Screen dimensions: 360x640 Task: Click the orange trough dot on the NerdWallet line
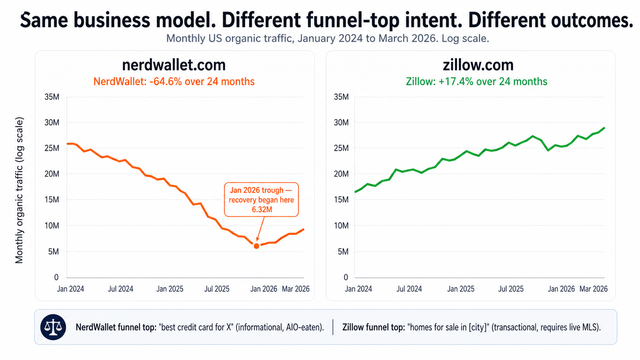click(x=256, y=246)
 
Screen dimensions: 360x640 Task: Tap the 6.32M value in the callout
click(x=262, y=209)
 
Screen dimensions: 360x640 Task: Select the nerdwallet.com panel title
click(x=174, y=65)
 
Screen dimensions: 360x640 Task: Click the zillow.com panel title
click(x=478, y=65)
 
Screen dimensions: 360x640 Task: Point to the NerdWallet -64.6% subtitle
click(x=174, y=81)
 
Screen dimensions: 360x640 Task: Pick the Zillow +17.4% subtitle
click(x=477, y=81)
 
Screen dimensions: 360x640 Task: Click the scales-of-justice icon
click(x=53, y=327)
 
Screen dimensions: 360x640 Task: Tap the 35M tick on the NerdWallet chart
click(x=52, y=97)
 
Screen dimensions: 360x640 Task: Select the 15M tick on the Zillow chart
click(x=341, y=200)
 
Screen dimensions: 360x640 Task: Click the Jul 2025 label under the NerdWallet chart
click(x=217, y=289)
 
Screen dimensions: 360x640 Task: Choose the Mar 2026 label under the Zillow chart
click(x=593, y=289)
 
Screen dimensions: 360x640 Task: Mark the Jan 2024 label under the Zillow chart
click(x=358, y=289)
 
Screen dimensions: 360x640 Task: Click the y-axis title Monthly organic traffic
click(x=19, y=190)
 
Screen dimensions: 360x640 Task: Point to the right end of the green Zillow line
click(x=604, y=128)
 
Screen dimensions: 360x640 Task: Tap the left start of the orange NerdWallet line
click(x=68, y=144)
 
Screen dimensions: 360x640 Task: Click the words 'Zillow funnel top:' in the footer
click(x=373, y=327)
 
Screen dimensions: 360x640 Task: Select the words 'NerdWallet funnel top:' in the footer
click(x=116, y=327)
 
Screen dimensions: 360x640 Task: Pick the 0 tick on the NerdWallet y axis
click(x=56, y=277)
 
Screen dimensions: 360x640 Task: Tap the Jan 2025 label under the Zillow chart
click(x=460, y=289)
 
